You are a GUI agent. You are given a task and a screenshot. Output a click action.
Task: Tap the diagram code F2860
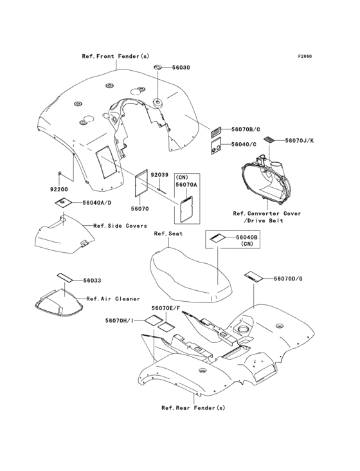304,56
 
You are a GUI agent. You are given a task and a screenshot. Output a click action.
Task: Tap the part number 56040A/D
96,203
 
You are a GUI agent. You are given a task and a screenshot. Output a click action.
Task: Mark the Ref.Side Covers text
120,226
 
